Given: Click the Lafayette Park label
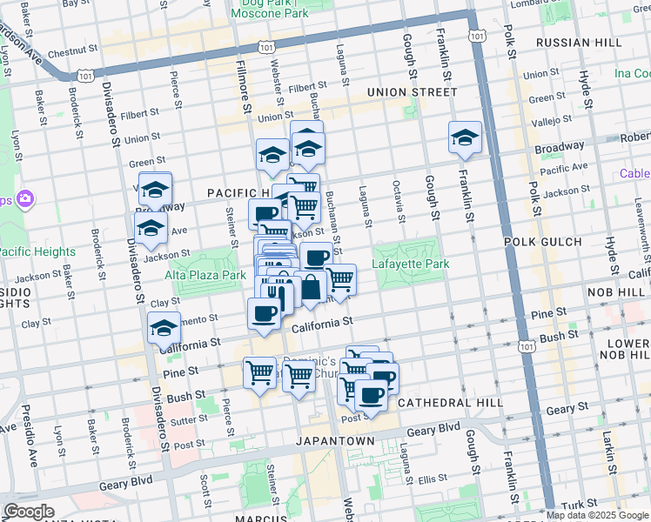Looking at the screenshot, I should click(x=410, y=264).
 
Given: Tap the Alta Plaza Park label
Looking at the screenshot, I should click(x=205, y=274).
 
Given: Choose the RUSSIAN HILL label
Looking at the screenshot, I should click(x=579, y=42).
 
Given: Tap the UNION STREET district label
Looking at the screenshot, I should click(x=413, y=91).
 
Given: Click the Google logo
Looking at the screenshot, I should click(x=29, y=512).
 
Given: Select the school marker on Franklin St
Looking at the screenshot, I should click(x=466, y=137).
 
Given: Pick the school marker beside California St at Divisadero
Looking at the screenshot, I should click(x=164, y=329).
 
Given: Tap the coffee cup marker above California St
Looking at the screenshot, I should click(x=264, y=314).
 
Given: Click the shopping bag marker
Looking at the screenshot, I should click(x=311, y=288).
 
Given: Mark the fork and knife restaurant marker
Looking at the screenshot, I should click(x=273, y=293).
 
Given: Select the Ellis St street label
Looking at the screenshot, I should click(x=431, y=478).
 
